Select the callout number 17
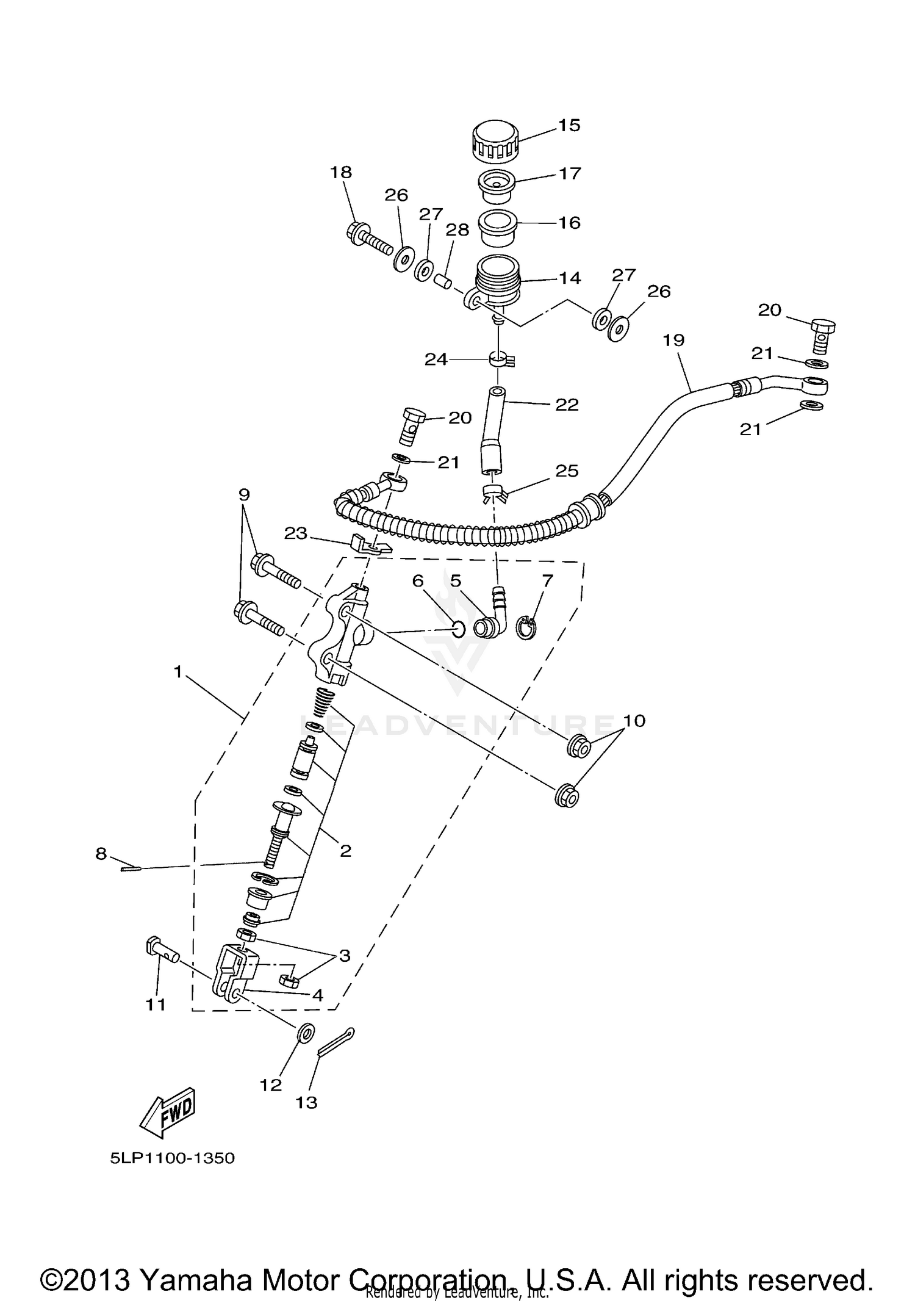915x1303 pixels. tap(570, 174)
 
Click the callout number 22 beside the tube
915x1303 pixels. tap(566, 405)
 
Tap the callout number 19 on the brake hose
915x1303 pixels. tap(673, 340)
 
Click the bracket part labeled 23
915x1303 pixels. tap(368, 543)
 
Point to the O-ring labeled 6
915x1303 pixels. tap(459, 628)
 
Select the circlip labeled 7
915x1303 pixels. tap(526, 629)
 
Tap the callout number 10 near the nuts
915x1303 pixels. tap(634, 721)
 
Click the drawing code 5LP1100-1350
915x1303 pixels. tap(173, 1158)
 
